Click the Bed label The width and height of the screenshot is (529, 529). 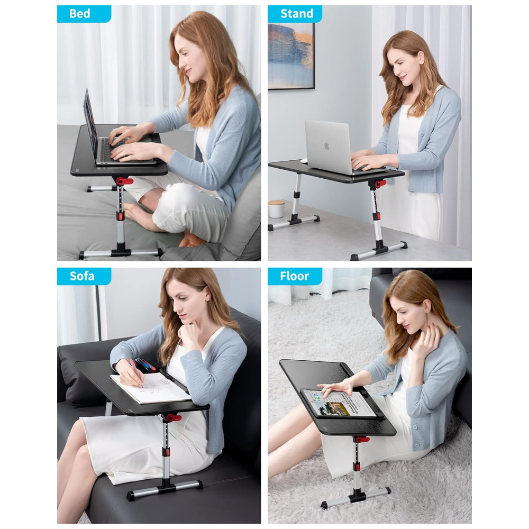80,14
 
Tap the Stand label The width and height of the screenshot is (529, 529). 297,14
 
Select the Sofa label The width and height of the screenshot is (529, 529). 81,276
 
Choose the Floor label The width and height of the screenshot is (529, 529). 295,276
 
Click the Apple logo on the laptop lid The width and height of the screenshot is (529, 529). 326,146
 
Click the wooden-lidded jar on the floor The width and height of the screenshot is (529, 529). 276,209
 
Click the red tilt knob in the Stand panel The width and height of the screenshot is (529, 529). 380,184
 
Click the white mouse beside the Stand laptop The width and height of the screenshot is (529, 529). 304,160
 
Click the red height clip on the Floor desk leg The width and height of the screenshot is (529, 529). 357,467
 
